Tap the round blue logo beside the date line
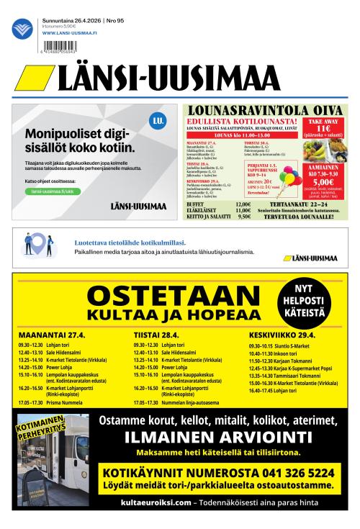pyautogui.click(x=23, y=30)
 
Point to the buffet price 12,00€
pyautogui.click(x=244, y=204)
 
